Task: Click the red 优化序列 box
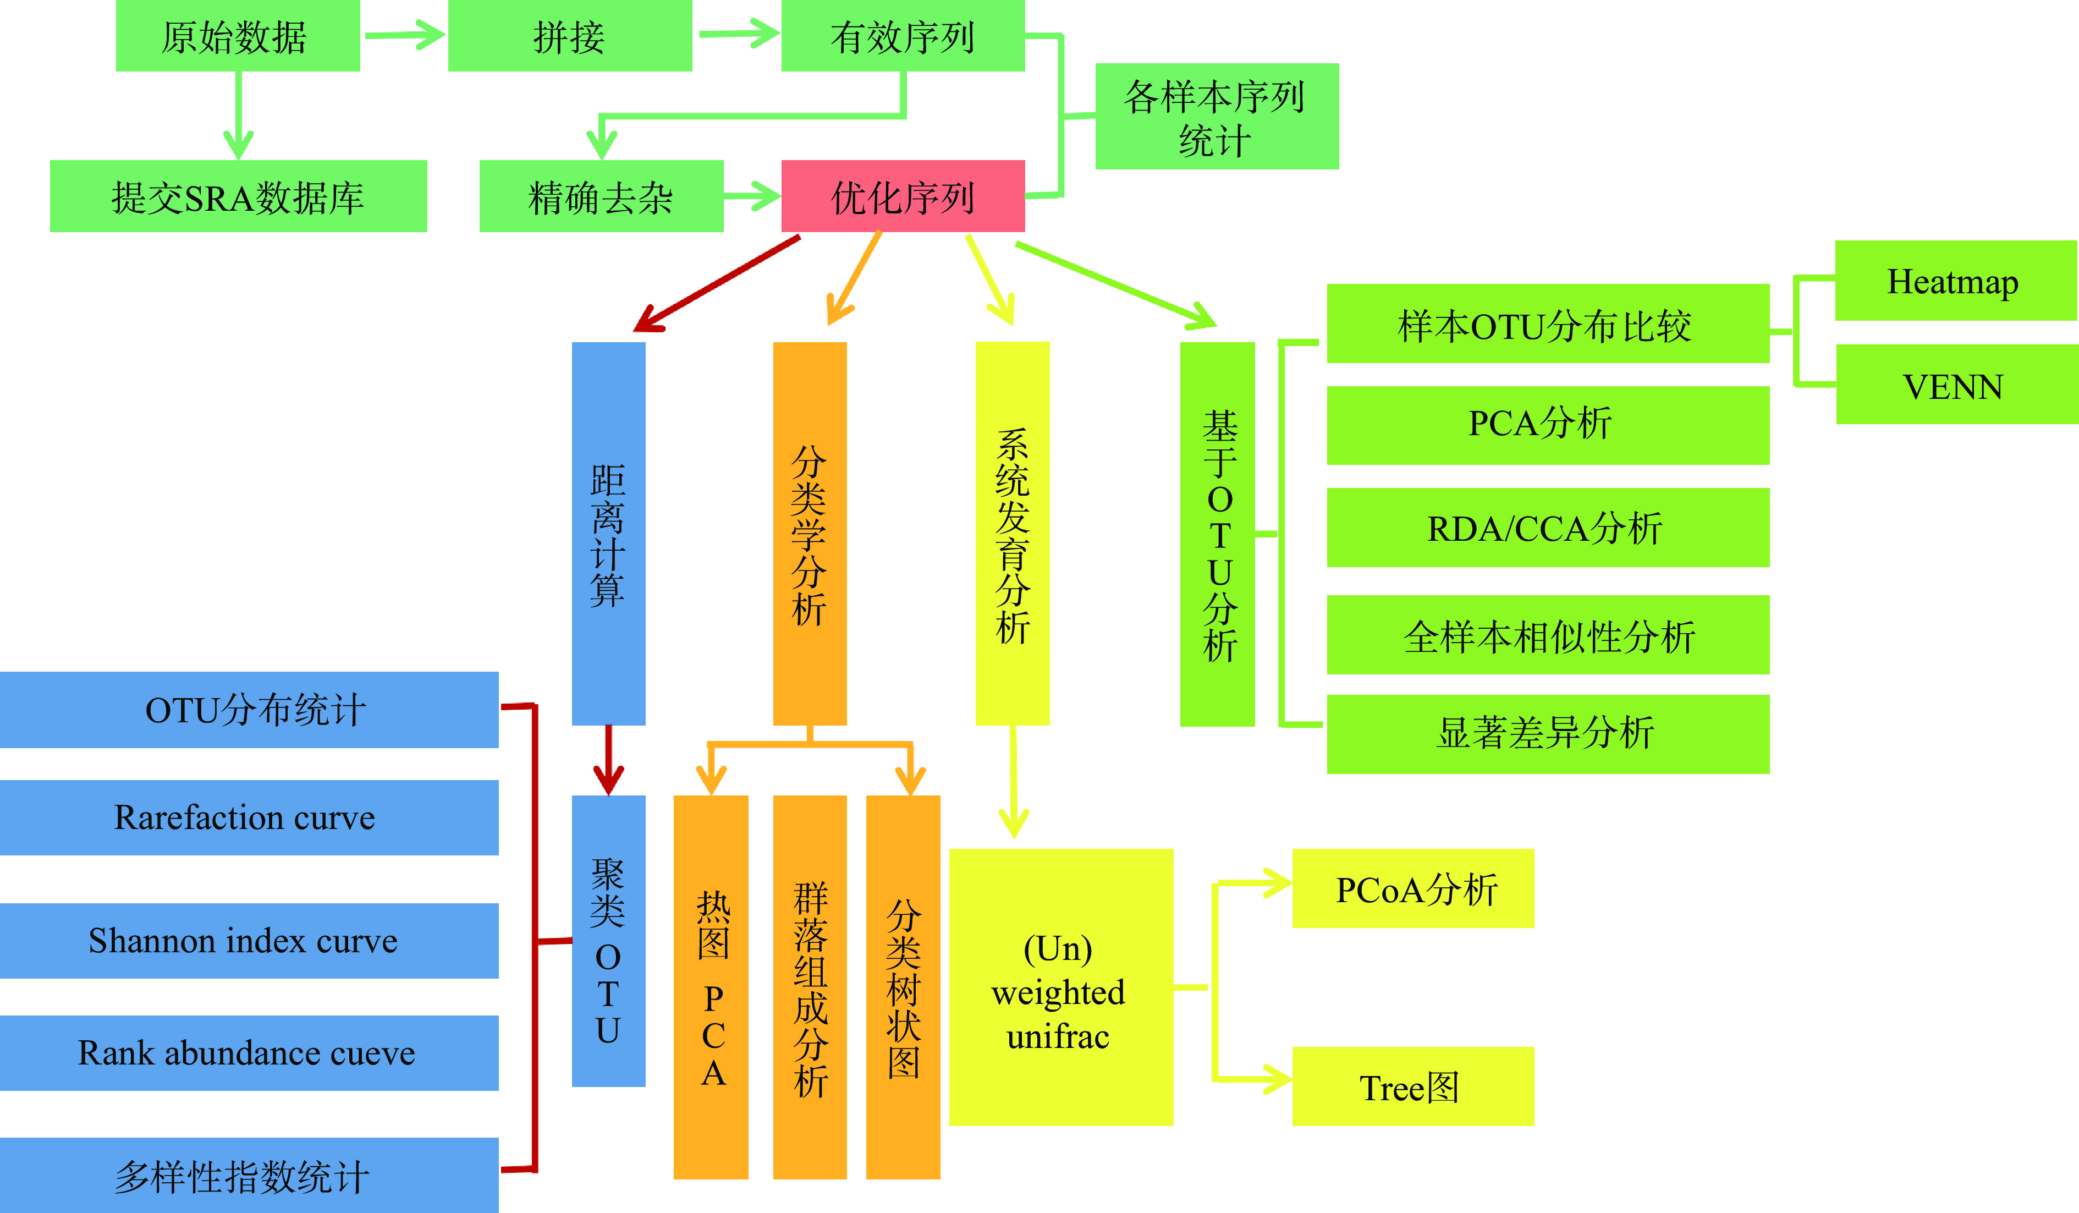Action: click(x=903, y=196)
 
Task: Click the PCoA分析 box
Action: click(x=1412, y=889)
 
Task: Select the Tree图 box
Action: click(x=1412, y=1087)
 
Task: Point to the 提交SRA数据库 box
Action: click(x=239, y=196)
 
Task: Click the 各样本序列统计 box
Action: click(x=1217, y=117)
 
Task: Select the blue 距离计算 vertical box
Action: click(x=608, y=533)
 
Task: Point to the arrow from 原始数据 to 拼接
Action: click(x=404, y=35)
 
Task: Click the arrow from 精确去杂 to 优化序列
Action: click(x=752, y=196)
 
